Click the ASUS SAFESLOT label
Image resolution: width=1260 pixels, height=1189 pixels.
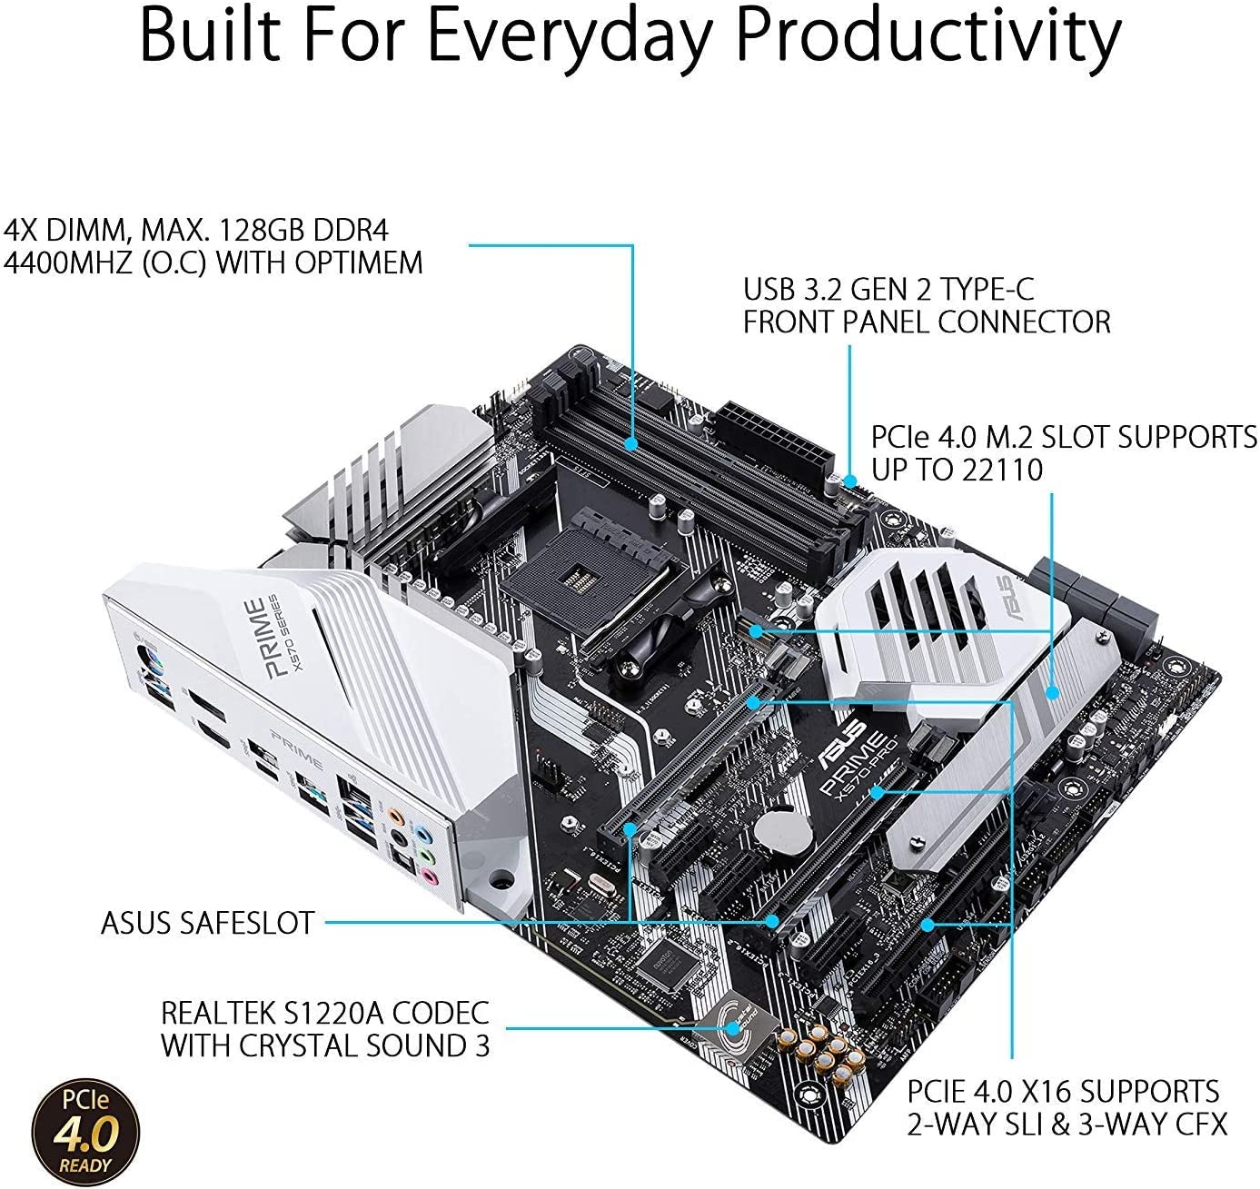(207, 923)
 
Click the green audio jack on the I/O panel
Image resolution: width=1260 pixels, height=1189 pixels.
(423, 854)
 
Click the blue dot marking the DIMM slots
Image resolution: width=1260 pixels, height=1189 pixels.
(632, 443)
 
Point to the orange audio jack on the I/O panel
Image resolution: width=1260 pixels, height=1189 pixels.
(393, 816)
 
